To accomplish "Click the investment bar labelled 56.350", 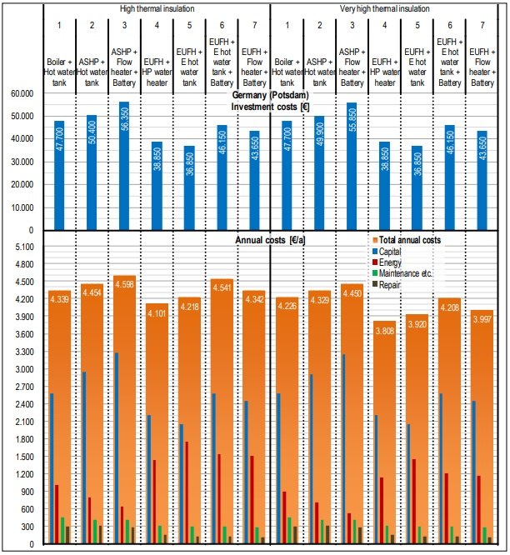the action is pos(124,166).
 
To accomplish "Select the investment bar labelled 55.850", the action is pos(352,167).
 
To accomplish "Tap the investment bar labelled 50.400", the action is pos(92,172).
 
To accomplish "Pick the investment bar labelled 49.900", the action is pos(320,173).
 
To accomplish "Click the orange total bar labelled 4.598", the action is pos(124,409).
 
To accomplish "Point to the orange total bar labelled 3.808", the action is pos(385,432).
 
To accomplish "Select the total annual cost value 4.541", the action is pos(222,287).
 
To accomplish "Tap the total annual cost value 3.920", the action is pos(417,324).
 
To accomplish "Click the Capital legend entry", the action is pos(387,252).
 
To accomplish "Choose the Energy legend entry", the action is pos(387,262).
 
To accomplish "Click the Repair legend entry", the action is pos(387,284).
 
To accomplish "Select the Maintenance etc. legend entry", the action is pos(402,273).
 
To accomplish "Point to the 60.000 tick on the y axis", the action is pos(22,94).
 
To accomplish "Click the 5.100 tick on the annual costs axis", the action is pos(24,247).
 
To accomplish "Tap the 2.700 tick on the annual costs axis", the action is pos(24,387).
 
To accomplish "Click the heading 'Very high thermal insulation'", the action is pos(385,8).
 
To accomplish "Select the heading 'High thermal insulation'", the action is pos(157,8).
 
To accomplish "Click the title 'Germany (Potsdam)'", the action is pos(270,95).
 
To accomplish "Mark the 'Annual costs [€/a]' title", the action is pos(270,240).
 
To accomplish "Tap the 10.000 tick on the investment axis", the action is pos(22,207).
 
